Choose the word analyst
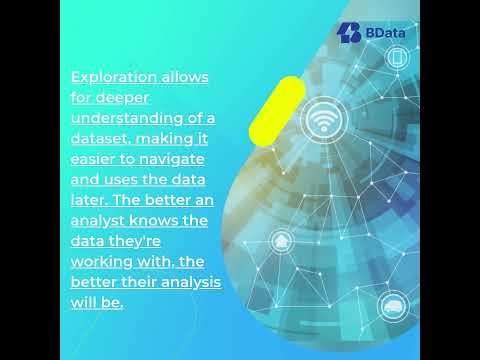point(97,221)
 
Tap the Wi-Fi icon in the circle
point(321,118)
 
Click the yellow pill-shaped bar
point(276,110)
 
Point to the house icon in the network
point(282,241)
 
